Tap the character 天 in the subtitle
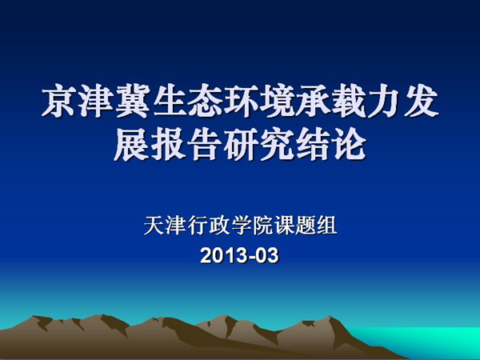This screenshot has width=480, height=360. (x=154, y=226)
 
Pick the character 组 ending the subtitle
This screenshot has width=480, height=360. (x=326, y=226)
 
